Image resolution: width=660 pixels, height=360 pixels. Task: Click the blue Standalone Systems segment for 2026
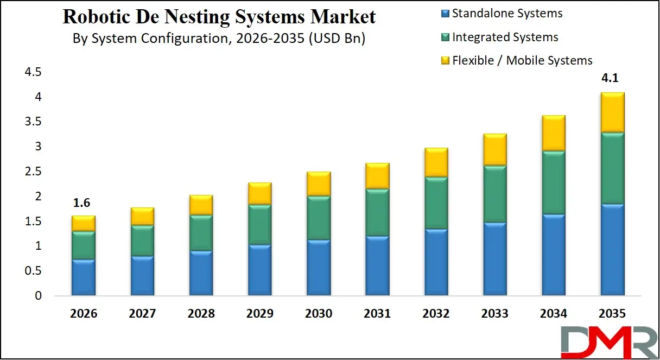pyautogui.click(x=83, y=277)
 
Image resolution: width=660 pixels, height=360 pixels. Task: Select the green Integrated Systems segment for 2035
pyautogui.click(x=613, y=168)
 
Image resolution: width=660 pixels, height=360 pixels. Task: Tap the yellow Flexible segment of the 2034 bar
pyautogui.click(x=554, y=133)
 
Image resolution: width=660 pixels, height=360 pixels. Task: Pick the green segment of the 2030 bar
pyautogui.click(x=319, y=217)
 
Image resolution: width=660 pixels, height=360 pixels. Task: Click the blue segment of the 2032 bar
pyautogui.click(x=436, y=262)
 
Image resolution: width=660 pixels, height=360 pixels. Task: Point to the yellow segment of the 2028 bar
pyautogui.click(x=201, y=205)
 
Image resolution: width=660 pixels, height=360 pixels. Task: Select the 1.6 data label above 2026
pyautogui.click(x=83, y=203)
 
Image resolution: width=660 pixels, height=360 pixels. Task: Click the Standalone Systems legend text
pyautogui.click(x=507, y=14)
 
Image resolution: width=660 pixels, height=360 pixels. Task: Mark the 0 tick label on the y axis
pyautogui.click(x=37, y=296)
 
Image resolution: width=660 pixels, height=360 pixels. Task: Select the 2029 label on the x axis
pyautogui.click(x=259, y=314)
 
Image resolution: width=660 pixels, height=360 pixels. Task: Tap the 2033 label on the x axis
pyautogui.click(x=495, y=314)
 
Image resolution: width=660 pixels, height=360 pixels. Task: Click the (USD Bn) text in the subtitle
pyautogui.click(x=337, y=39)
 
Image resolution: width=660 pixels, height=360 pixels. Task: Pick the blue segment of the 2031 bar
pyautogui.click(x=377, y=266)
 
